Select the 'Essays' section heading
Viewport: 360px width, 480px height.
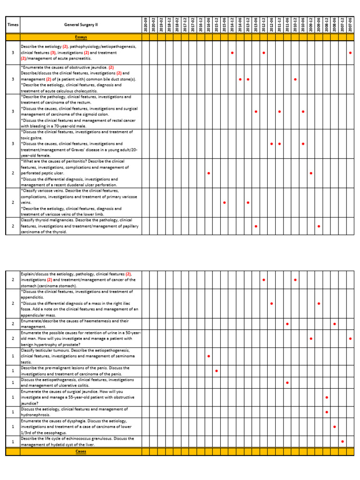coord(81,37)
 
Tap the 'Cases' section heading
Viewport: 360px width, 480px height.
coord(81,451)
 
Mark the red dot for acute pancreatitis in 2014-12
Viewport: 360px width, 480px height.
coord(232,53)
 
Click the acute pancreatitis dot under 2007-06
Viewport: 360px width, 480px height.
coord(350,53)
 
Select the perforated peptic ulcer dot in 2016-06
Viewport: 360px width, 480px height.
coord(209,173)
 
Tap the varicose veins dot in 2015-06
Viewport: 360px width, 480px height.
coord(225,202)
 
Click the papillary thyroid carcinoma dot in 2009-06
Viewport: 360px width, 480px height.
coord(319,226)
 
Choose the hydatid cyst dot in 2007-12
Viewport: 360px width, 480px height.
coord(342,442)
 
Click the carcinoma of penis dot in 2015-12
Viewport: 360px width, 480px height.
coord(217,371)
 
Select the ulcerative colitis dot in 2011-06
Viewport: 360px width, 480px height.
coord(287,383)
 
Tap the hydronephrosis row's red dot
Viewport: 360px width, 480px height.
coord(327,412)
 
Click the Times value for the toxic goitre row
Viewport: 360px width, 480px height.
coord(13,144)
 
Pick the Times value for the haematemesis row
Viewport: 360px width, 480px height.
coord(13,324)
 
